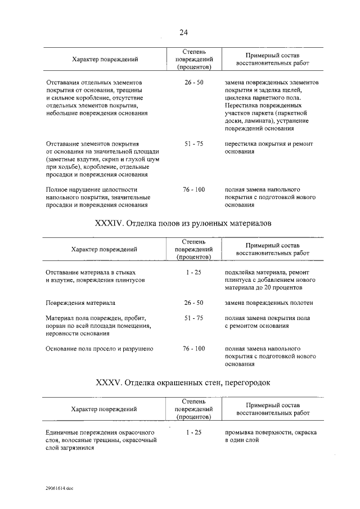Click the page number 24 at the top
[183, 32]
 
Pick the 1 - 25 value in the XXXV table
[193, 432]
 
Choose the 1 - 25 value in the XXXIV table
[193, 272]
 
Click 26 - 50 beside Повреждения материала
[193, 303]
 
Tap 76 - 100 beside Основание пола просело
[193, 349]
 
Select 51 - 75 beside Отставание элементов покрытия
[193, 144]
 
